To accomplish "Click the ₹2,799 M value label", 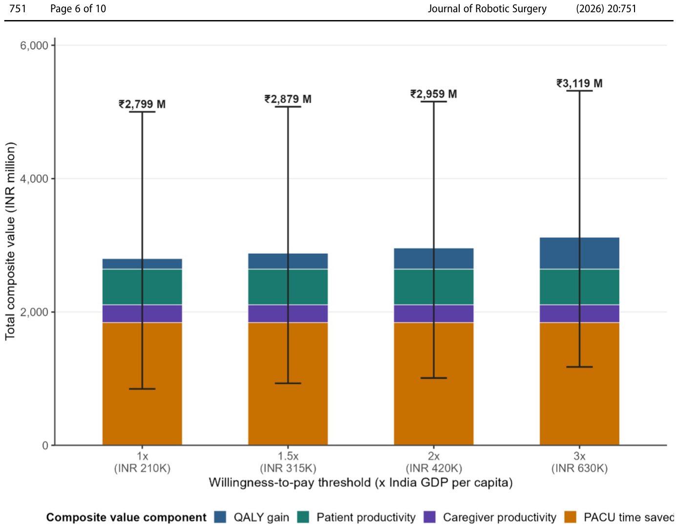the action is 142,104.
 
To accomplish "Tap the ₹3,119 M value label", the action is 579,84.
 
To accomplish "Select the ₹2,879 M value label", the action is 288,99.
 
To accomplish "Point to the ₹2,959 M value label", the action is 433,94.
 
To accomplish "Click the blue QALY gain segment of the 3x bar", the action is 579,253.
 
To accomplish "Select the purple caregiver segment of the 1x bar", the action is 142,313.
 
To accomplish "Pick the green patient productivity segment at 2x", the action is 433,287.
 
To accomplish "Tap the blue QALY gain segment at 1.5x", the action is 288,261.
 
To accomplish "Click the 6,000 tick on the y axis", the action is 34,45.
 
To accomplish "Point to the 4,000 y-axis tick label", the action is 34,179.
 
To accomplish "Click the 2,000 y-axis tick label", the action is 34,312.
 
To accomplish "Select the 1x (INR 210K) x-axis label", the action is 142,462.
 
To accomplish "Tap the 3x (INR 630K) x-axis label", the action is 579,462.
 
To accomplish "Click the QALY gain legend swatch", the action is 220,517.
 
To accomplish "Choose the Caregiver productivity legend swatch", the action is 429,517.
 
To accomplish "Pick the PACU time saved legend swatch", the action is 570,517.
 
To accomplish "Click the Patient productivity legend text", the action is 366,517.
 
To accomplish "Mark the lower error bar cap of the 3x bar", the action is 579,367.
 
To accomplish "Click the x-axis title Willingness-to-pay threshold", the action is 360,483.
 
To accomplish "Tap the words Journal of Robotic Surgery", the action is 487,9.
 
